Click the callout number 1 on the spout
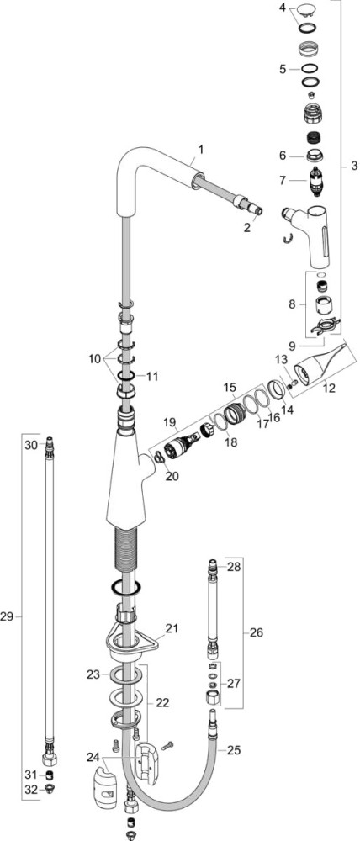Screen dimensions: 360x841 pos(201,150)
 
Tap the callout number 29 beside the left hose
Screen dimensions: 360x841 pos(7,617)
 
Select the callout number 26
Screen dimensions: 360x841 pos(257,633)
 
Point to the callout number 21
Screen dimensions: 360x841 pos(172,628)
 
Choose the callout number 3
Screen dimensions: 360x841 pos(354,167)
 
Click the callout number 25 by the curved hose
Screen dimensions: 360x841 pos(234,750)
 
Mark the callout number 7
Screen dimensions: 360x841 pos(283,181)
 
